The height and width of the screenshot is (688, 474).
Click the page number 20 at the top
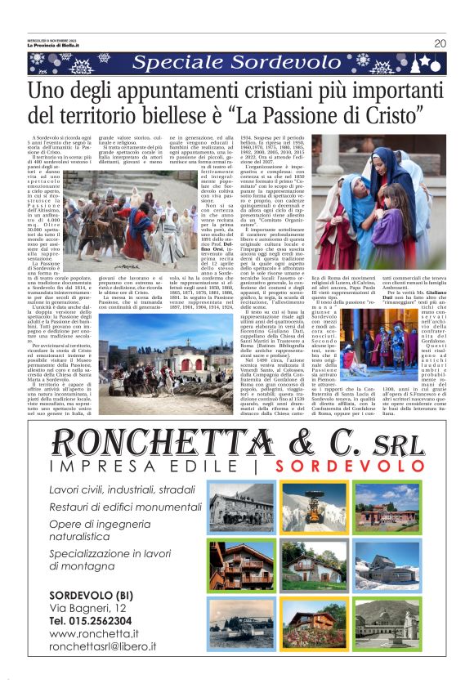click(x=440, y=43)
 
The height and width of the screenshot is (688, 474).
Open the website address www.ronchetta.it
click(x=93, y=633)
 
